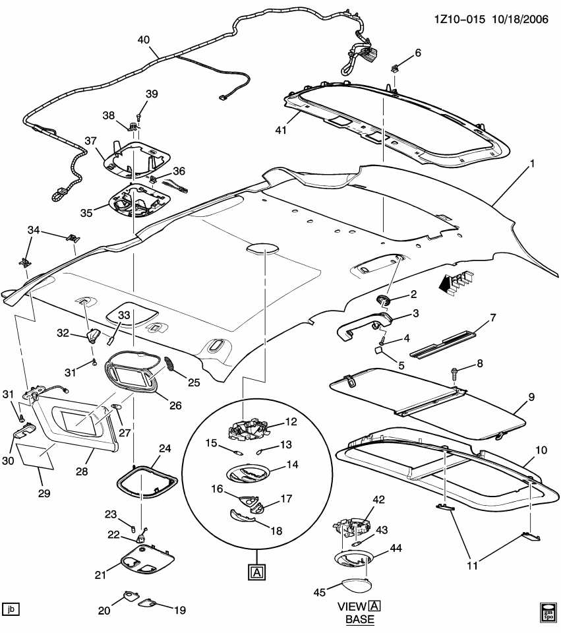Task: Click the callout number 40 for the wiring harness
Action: pos(143,39)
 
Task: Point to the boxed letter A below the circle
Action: pos(256,572)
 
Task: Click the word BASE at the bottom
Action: pos(360,620)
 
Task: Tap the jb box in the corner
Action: pos(11,609)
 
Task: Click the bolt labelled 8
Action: pos(456,373)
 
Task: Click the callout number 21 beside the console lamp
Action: pos(100,575)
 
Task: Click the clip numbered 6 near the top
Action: pos(396,67)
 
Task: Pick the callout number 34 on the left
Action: pos(33,229)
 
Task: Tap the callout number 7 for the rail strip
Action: pos(492,318)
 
